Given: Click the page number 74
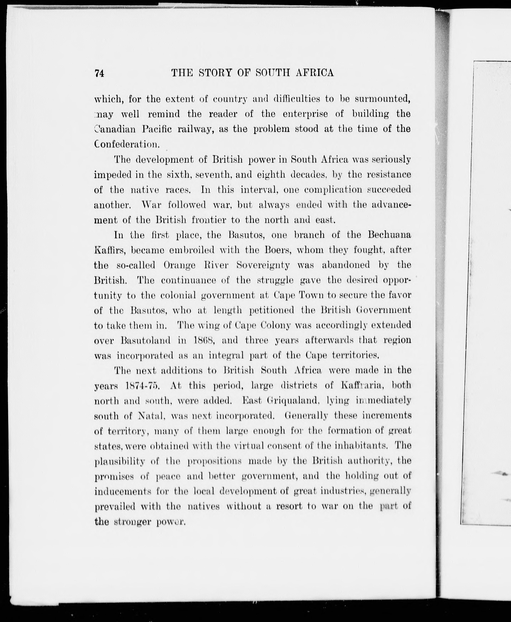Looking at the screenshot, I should (99, 73).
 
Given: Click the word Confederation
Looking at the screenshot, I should (127, 144).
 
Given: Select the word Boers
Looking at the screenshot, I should (278, 250).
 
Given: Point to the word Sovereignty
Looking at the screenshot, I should (263, 265).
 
